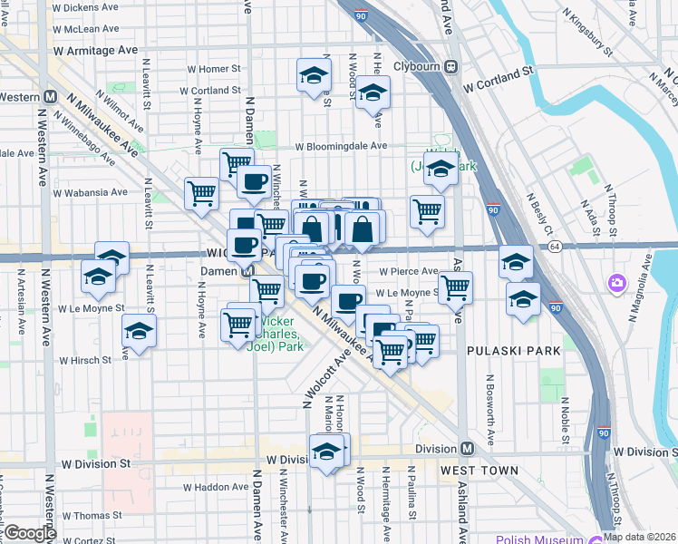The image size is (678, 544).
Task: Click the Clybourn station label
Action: (x=416, y=66)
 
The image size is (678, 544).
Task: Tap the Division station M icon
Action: (x=468, y=449)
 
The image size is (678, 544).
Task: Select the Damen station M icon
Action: (x=247, y=271)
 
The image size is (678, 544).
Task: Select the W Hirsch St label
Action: (x=84, y=360)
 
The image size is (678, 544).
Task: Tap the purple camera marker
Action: (x=618, y=284)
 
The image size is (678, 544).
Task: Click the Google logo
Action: (x=30, y=533)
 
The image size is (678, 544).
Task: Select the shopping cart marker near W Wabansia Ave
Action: (x=200, y=191)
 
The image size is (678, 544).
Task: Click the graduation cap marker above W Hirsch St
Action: (x=139, y=333)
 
